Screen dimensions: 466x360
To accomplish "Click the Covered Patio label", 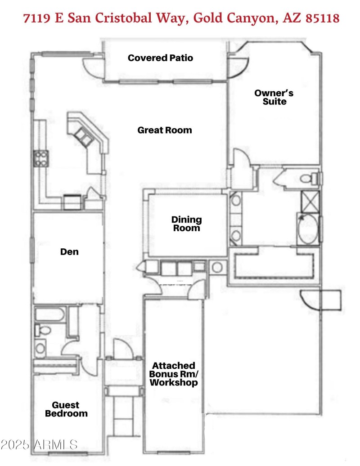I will click(160, 58).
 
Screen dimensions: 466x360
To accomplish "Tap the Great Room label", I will click(164, 130).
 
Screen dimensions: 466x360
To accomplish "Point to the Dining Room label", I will click(186, 224).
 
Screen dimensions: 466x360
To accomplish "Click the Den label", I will click(69, 252).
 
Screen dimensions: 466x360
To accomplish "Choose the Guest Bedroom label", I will click(66, 409).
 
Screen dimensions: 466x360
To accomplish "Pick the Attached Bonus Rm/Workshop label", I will click(173, 374).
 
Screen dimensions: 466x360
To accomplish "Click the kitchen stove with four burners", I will click(40, 158).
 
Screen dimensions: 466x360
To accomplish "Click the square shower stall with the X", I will click(308, 202).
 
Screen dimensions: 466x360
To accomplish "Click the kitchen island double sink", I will click(84, 135).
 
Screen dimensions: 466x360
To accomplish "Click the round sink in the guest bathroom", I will click(41, 348).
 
